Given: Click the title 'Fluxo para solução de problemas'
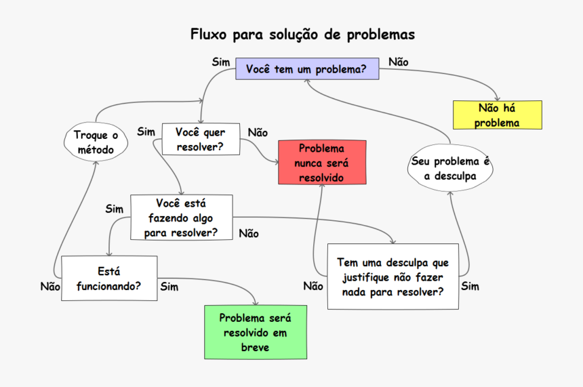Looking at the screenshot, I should pos(302,34).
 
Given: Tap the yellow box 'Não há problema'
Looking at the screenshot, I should pos(497,115).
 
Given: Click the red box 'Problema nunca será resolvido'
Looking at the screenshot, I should pos(322,163).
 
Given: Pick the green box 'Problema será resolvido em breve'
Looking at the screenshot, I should pos(255,332).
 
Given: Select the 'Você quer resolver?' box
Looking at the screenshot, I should pos(201,139).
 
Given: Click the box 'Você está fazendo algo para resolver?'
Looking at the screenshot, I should pos(181,218).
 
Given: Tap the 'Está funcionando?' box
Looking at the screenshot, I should pos(109,278).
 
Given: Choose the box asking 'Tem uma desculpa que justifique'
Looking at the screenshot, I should pos(393,277).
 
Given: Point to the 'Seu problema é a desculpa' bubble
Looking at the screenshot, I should pos(449,168).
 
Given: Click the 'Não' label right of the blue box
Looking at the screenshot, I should pos(399,62).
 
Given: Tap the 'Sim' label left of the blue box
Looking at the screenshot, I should pos(221,62).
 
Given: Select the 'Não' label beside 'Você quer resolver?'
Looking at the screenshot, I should pos(258,132).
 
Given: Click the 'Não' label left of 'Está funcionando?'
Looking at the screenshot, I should pos(50,286).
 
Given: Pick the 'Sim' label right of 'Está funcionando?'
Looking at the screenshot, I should pos(169,287).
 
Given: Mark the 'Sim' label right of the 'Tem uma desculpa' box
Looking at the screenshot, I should pos(470,286).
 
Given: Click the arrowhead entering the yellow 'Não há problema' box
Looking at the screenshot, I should pos(497,99).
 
